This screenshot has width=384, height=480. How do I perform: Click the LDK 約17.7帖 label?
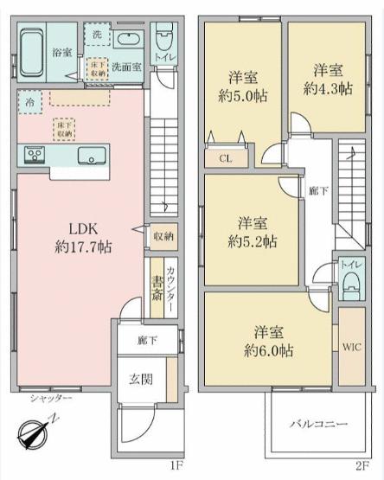pyautogui.click(x=83, y=238)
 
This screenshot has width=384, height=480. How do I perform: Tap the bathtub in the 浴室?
pyautogui.click(x=32, y=53)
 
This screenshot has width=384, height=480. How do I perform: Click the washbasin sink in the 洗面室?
pyautogui.click(x=129, y=39)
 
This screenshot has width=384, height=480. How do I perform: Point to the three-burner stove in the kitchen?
pyautogui.click(x=35, y=156)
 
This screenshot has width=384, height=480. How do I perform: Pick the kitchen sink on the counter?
pyautogui.click(x=92, y=156)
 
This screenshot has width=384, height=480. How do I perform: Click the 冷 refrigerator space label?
pyautogui.click(x=29, y=103)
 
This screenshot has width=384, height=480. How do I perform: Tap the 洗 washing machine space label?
pyautogui.click(x=97, y=35)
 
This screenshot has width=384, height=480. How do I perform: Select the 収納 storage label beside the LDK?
pyautogui.click(x=163, y=236)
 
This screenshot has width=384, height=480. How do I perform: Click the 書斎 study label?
pyautogui.click(x=157, y=288)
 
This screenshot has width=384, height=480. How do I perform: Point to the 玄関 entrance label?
pyautogui.click(x=141, y=380)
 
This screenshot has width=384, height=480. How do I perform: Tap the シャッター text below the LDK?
pyautogui.click(x=51, y=398)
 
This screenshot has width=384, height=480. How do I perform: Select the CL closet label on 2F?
pyautogui.click(x=226, y=158)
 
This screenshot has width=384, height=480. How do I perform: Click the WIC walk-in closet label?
pyautogui.click(x=352, y=347)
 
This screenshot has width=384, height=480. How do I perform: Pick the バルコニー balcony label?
pyautogui.click(x=319, y=424)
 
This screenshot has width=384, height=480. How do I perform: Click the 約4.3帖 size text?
pyautogui.click(x=328, y=89)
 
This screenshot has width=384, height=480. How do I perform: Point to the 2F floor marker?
pyautogui.click(x=362, y=466)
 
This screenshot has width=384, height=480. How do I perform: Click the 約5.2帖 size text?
pyautogui.click(x=253, y=242)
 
